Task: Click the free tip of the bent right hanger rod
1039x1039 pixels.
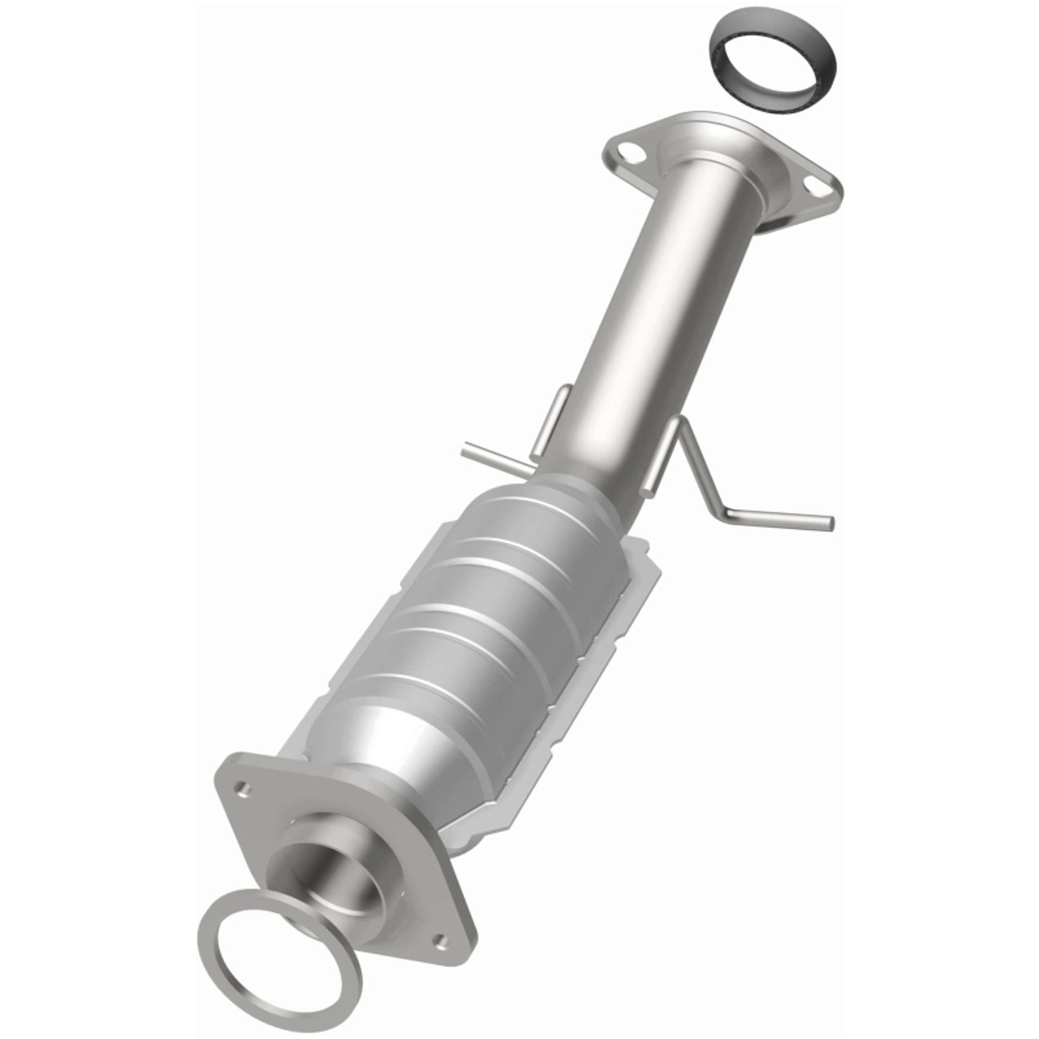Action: (828, 522)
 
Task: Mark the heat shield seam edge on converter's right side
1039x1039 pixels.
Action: (625, 601)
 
